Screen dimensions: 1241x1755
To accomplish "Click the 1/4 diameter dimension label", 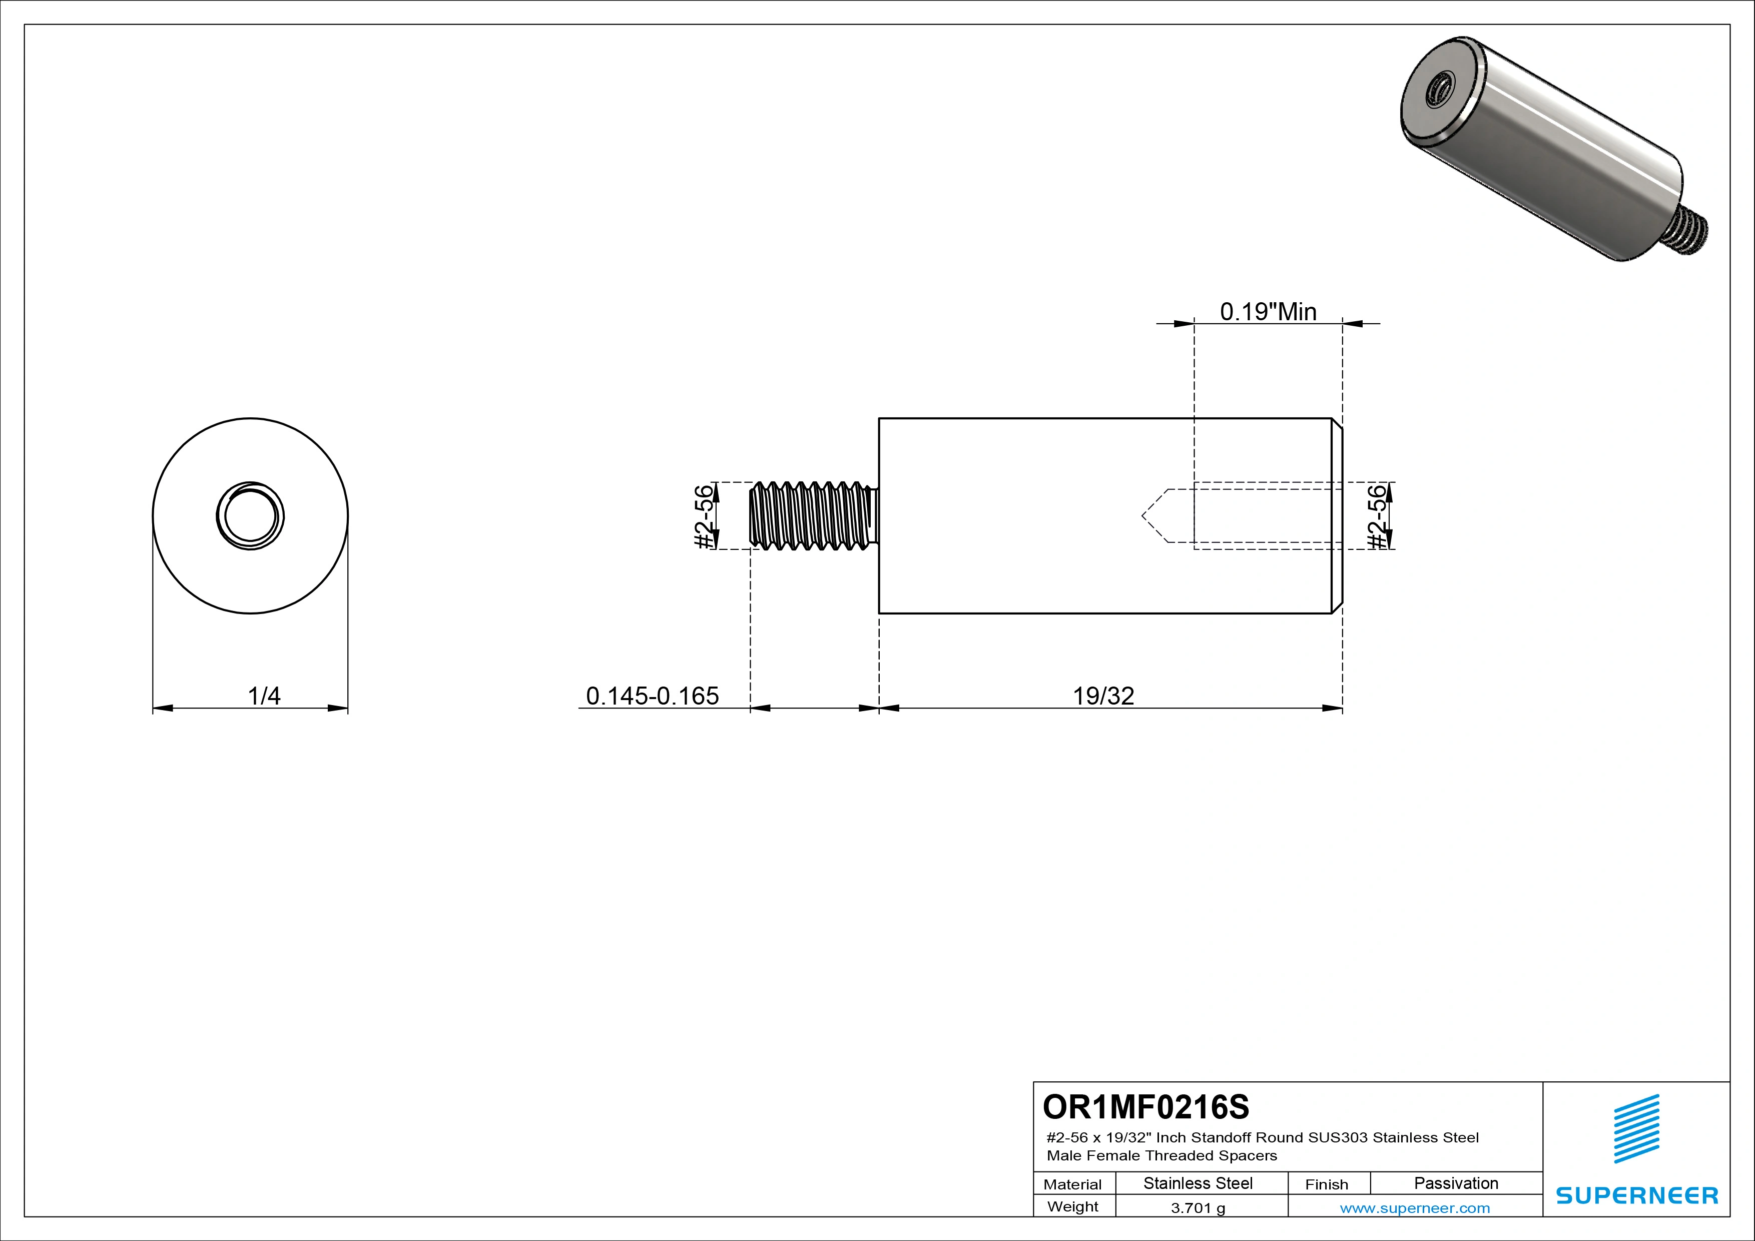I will point(264,696).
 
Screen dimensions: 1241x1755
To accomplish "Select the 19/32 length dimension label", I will point(1103,696).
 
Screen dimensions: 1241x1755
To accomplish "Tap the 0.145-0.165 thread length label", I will point(652,696).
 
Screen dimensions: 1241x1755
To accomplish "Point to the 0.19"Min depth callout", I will point(1268,312).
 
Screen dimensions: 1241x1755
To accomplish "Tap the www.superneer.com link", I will point(1415,1208).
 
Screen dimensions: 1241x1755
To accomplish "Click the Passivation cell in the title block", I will point(1455,1183).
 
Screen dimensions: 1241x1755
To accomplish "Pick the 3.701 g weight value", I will point(1198,1208).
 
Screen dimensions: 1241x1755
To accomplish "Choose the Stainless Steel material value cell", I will point(1198,1183).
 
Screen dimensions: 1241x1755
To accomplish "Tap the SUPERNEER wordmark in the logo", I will point(1636,1195).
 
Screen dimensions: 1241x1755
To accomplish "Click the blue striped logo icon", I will point(1636,1129).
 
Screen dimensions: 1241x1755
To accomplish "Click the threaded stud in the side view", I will point(812,516).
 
